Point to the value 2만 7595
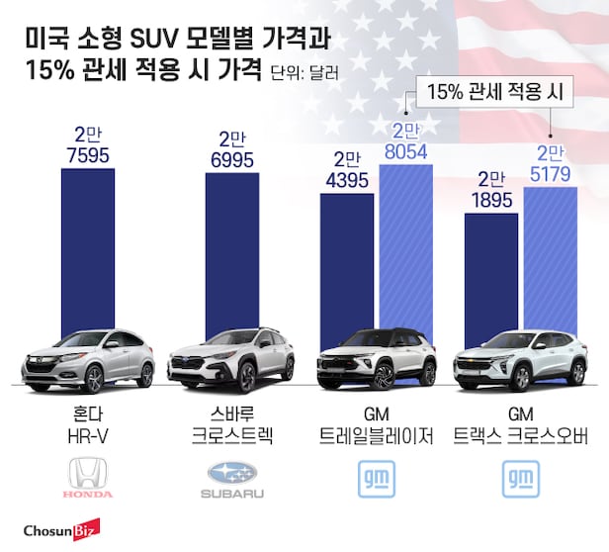(x=88, y=147)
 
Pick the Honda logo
(x=88, y=477)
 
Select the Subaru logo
(x=232, y=477)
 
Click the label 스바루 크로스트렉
(x=232, y=422)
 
